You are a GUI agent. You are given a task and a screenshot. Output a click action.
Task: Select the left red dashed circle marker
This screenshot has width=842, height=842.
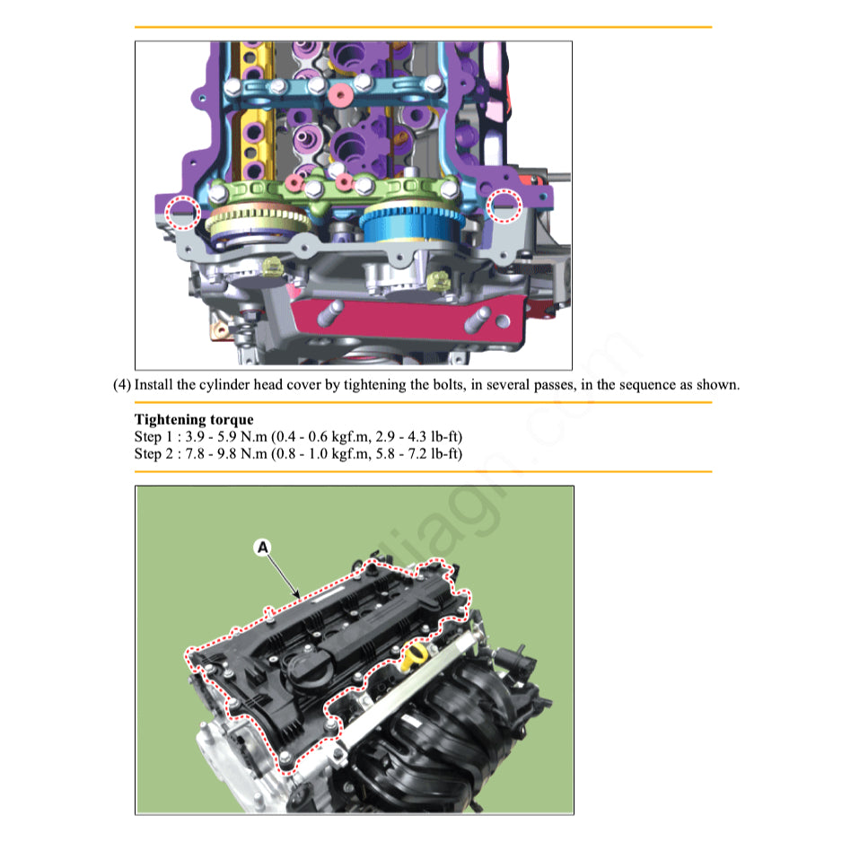pyautogui.click(x=183, y=212)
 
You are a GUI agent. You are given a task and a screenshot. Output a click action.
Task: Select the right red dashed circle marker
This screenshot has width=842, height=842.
pyautogui.click(x=503, y=206)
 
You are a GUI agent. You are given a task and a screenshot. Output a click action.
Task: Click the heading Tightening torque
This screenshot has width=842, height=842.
pyautogui.click(x=194, y=419)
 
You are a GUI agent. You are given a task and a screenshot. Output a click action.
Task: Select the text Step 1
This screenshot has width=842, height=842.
pyautogui.click(x=154, y=436)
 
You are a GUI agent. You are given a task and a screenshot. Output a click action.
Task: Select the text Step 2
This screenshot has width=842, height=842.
pyautogui.click(x=154, y=453)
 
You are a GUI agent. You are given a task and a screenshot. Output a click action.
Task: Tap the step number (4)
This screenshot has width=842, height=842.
pyautogui.click(x=122, y=385)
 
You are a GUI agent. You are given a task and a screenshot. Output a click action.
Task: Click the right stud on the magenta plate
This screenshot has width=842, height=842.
pyautogui.click(x=484, y=319)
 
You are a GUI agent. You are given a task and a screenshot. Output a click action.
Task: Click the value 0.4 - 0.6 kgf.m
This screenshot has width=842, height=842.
pyautogui.click(x=318, y=436)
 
